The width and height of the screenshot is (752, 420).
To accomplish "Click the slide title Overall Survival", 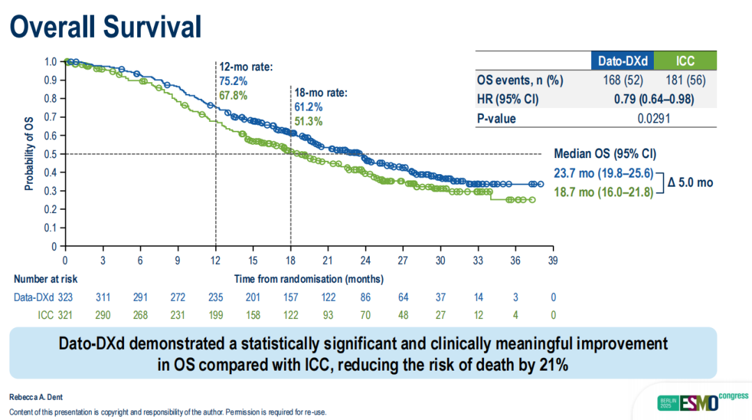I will [106, 26].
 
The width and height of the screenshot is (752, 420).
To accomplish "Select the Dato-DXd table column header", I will [622, 61].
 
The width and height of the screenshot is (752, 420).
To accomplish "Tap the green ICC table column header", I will [685, 61].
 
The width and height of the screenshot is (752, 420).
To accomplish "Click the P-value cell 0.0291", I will [654, 118].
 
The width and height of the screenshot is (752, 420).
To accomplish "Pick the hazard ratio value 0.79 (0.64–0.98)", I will [654, 99].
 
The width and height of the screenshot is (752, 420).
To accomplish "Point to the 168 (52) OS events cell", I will [622, 80].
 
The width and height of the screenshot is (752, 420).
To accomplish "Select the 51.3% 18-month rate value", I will [308, 121].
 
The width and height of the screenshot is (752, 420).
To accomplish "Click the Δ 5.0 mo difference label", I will [689, 182].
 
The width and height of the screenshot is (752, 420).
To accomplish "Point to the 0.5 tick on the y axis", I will [50, 154].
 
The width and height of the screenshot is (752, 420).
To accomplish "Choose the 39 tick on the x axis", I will [553, 260].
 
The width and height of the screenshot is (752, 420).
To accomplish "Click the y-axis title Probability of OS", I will [29, 154].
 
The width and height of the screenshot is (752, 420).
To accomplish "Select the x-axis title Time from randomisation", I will [308, 279].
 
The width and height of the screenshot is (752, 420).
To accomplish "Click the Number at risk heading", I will [45, 279].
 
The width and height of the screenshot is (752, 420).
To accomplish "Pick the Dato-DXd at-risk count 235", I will [217, 297].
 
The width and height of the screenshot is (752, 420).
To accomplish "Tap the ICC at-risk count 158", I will [254, 315].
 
